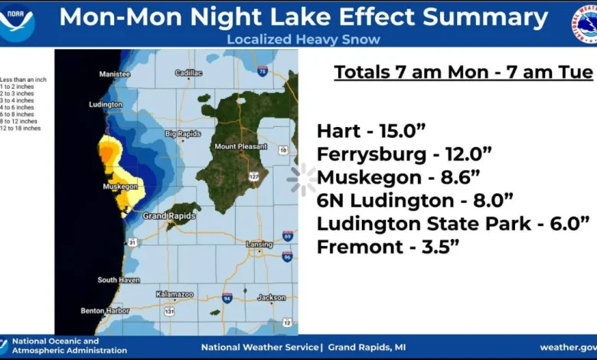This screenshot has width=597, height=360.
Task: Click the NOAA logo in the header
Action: pyautogui.click(x=18, y=22)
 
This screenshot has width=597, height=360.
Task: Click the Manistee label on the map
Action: pyautogui.click(x=115, y=74)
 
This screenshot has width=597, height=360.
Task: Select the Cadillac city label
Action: pyautogui.click(x=188, y=74)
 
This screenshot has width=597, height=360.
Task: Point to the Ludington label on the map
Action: pyautogui.click(x=106, y=104)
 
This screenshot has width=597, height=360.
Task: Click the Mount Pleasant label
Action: pyautogui.click(x=236, y=146)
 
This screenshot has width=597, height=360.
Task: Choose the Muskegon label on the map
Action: pyautogui.click(x=120, y=186)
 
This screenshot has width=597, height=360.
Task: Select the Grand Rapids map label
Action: pyautogui.click(x=165, y=216)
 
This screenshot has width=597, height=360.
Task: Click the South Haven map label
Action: pyautogui.click(x=118, y=280)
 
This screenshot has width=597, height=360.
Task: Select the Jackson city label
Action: pyautogui.click(x=271, y=297)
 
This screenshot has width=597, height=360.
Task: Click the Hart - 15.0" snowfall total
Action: pyautogui.click(x=372, y=130)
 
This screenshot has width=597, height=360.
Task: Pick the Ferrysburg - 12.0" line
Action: pyautogui.click(x=403, y=154)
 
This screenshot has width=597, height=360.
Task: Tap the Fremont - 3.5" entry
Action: pyautogui.click(x=388, y=248)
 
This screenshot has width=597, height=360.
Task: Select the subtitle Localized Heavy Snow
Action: pyautogui.click(x=303, y=39)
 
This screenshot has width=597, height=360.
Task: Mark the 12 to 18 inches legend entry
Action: pyautogui.click(x=21, y=129)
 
